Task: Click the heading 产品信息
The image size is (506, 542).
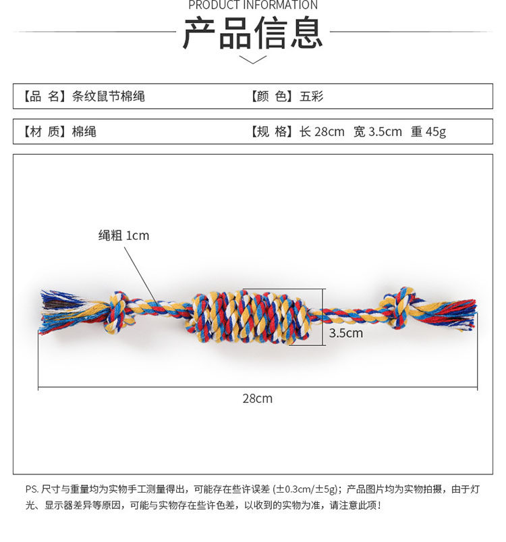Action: pos(252,33)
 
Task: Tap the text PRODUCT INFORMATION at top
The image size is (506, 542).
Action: pos(252,5)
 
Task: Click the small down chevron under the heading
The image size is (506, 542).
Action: pos(253,60)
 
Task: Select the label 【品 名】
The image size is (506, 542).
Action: pos(45,97)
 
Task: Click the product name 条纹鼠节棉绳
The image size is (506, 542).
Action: pos(109,97)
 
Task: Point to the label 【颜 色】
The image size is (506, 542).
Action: pos(273,97)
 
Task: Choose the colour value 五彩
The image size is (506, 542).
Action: pos(312,97)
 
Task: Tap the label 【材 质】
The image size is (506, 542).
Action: pos(45,132)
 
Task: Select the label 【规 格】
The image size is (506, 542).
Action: pos(273,132)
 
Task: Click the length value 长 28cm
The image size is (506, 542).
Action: pos(322,132)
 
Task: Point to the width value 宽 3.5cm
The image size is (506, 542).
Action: pos(378,132)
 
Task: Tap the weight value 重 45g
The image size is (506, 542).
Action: pos(428,132)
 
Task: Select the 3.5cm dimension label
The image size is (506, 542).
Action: pos(345,333)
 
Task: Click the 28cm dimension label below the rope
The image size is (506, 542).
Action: pos(258,399)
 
